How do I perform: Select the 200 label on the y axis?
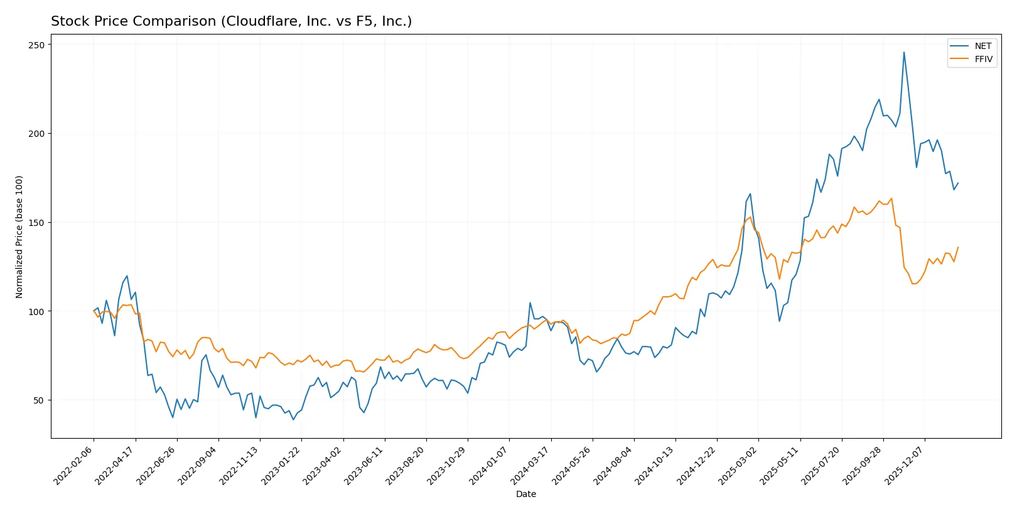click(x=36, y=134)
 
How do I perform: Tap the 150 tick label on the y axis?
click(x=36, y=223)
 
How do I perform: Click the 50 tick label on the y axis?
click(x=39, y=400)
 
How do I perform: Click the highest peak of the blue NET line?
click(x=904, y=52)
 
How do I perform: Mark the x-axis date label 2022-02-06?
click(x=73, y=465)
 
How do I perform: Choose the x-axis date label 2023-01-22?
click(x=281, y=465)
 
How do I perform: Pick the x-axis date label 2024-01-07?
click(x=489, y=465)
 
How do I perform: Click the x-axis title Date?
click(x=525, y=494)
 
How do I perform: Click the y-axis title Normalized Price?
click(x=19, y=237)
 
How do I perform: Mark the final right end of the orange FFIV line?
click(x=958, y=247)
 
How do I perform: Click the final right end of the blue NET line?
click(x=958, y=183)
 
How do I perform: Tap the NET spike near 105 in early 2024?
click(x=530, y=303)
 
